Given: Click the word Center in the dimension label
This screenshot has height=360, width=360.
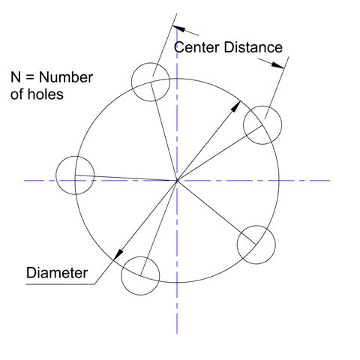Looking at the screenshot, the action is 196,47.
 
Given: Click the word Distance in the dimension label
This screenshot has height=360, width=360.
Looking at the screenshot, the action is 253,47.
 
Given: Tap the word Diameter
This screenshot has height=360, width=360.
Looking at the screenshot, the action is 57,272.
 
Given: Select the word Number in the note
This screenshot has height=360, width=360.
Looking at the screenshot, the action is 66,77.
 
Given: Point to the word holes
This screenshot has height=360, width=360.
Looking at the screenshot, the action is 45,94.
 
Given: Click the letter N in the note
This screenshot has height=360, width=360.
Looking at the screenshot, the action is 16,77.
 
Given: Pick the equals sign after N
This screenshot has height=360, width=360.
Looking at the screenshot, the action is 30,78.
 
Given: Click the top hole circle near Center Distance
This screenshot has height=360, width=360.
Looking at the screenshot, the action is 151,63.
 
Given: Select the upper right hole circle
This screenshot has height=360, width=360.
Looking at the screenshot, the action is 262,106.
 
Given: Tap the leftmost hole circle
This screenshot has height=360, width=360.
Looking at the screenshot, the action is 75,156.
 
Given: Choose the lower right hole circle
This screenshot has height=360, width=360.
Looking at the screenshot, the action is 256,226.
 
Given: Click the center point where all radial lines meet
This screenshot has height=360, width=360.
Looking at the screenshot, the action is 177,180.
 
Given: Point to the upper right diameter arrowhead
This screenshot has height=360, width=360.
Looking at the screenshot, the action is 236,106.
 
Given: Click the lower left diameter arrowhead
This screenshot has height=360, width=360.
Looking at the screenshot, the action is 118,255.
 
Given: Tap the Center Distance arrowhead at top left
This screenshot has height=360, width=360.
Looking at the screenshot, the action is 179,28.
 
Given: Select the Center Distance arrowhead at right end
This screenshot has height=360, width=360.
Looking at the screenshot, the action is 277,65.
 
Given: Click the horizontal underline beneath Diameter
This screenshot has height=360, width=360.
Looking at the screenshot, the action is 60,284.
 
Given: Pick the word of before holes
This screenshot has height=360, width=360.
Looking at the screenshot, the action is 17,94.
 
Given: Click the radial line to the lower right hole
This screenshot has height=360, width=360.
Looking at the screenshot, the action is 217,212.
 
